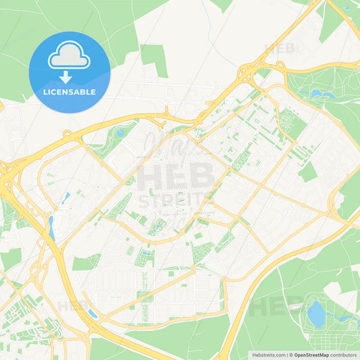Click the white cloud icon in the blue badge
point(69,55)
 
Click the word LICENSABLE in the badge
point(69,92)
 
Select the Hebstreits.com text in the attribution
point(268,354)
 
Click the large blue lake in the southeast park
point(316,313)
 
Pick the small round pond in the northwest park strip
point(120,132)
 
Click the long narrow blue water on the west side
point(51,228)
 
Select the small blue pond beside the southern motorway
point(93,314)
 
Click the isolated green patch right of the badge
point(154,59)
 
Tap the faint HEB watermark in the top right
point(280,49)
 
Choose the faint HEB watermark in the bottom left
point(72,306)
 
